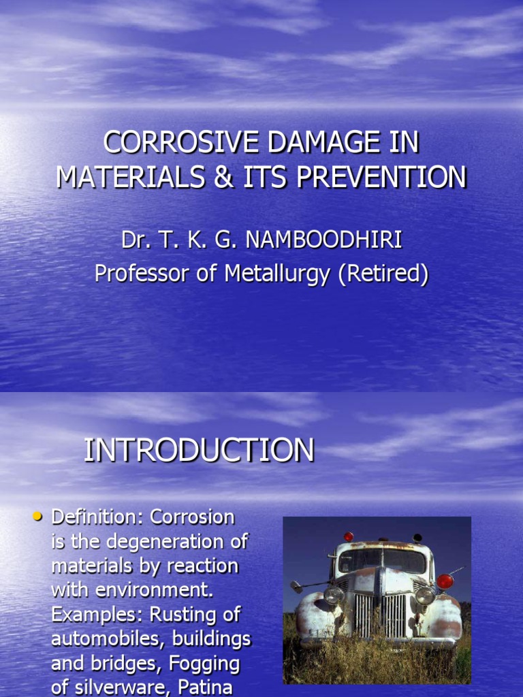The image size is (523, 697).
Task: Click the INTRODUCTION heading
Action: pos(199,451)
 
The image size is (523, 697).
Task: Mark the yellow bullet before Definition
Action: pos(38,517)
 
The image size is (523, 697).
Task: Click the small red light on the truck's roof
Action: pos(349,536)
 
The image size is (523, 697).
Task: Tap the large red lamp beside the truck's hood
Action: pos(445,581)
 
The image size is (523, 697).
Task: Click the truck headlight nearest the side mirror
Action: pos(334,595)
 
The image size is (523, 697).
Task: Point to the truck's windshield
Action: pos(381,562)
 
